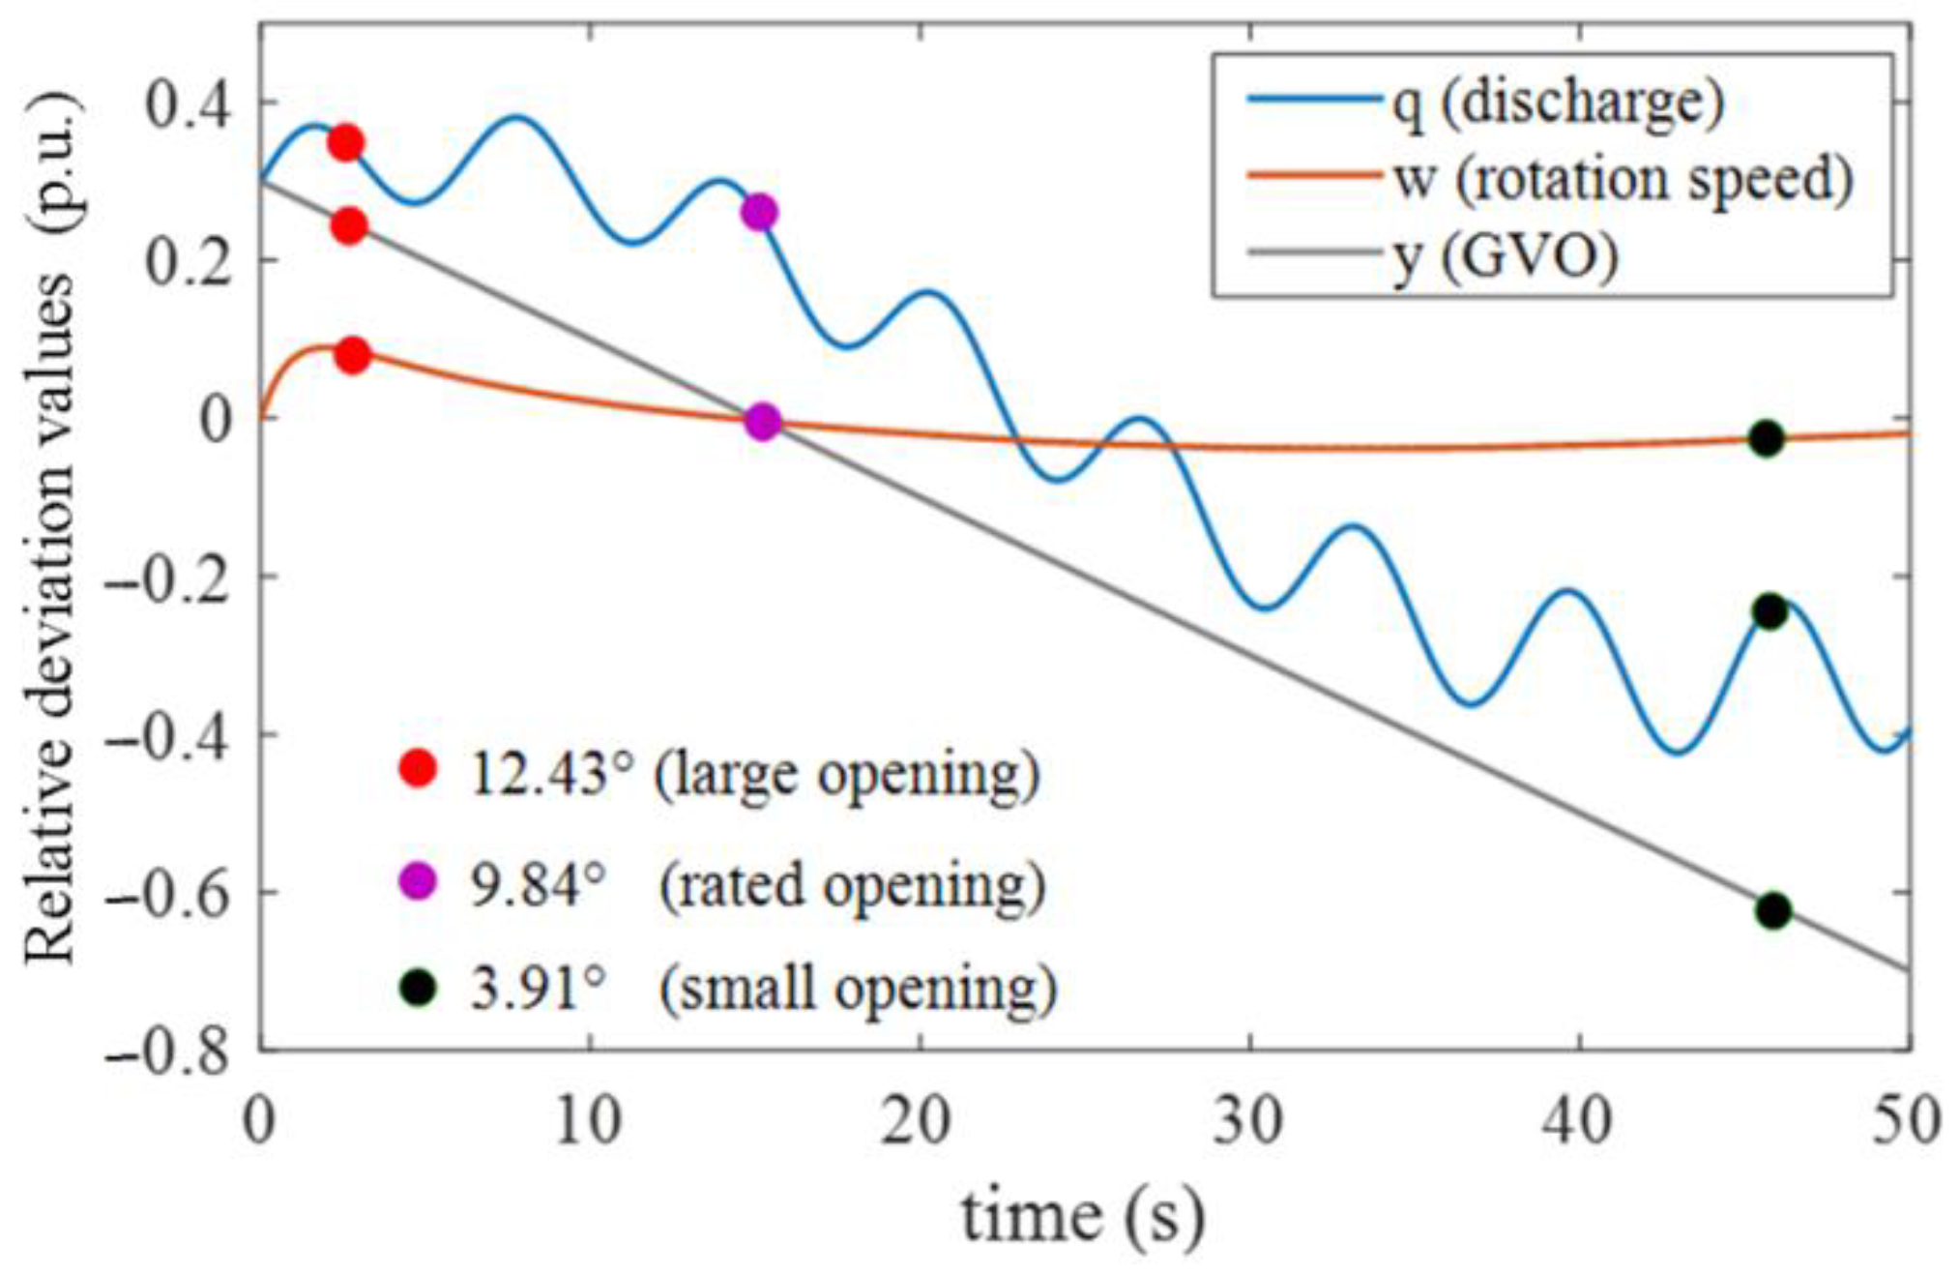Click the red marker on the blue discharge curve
click(x=345, y=143)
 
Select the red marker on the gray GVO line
click(x=349, y=226)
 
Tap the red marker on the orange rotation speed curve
click(x=353, y=355)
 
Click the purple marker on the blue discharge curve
click(x=760, y=212)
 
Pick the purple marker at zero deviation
click(x=763, y=422)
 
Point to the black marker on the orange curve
click(x=1767, y=438)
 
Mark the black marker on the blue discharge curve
click(x=1770, y=611)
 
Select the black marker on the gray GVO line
click(x=1772, y=910)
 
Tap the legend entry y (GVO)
click(x=1505, y=256)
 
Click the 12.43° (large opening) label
click(x=754, y=774)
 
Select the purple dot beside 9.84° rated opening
click(x=418, y=881)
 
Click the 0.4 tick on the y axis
click(x=191, y=103)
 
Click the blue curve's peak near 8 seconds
click(x=518, y=117)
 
